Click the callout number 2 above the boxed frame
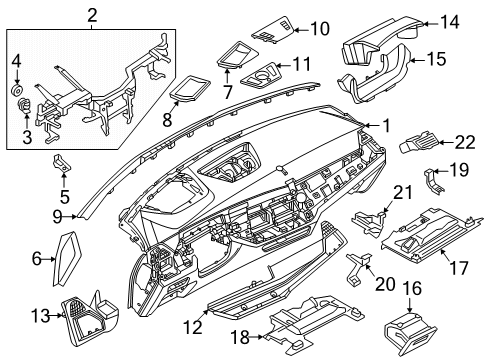pyautogui.click(x=92, y=14)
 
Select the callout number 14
pyautogui.click(x=449, y=22)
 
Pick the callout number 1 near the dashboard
pyautogui.click(x=385, y=125)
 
